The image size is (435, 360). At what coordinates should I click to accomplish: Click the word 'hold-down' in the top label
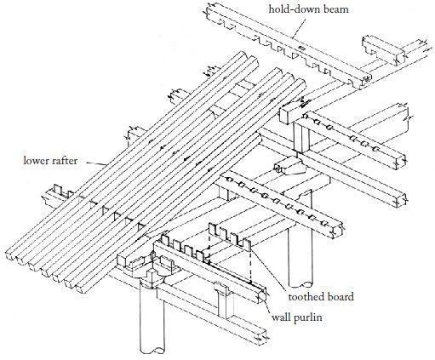pos(293,9)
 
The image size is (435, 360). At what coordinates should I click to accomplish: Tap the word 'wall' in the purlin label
pos(280,317)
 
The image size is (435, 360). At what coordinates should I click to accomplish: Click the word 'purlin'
pos(307,317)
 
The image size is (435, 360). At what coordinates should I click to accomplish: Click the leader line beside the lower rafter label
pos(96,163)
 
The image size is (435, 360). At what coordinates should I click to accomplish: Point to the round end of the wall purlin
pos(262,298)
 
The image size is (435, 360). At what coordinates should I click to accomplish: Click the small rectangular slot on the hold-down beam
pos(302,49)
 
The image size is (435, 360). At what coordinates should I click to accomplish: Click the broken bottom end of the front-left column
pos(152,349)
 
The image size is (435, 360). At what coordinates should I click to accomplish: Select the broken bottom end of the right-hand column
pos(300,284)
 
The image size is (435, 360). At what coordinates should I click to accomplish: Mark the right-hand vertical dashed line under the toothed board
pos(250,266)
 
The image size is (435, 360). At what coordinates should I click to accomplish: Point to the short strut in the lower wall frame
pos(225,300)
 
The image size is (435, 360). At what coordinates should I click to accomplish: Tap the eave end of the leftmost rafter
pos(11,254)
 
